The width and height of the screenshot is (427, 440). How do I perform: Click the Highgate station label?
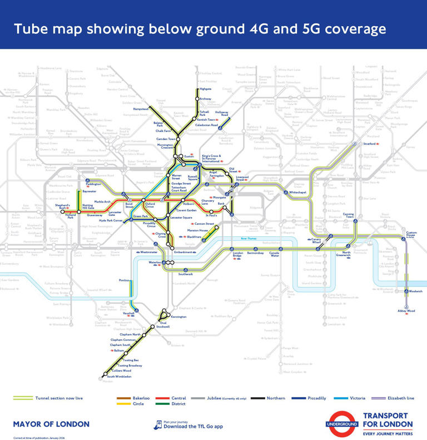click(x=205, y=88)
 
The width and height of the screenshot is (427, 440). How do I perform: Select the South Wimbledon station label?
click(x=119, y=377)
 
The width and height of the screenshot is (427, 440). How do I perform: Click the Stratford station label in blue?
click(x=369, y=144)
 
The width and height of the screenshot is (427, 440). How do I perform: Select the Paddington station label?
click(x=93, y=184)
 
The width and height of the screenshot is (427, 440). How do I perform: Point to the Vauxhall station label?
click(x=129, y=313)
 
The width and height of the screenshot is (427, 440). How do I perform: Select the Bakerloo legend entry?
click(x=141, y=398)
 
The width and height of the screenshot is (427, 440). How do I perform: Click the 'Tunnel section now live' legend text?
click(x=59, y=398)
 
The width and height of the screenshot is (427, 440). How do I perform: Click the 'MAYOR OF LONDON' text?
click(x=51, y=424)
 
